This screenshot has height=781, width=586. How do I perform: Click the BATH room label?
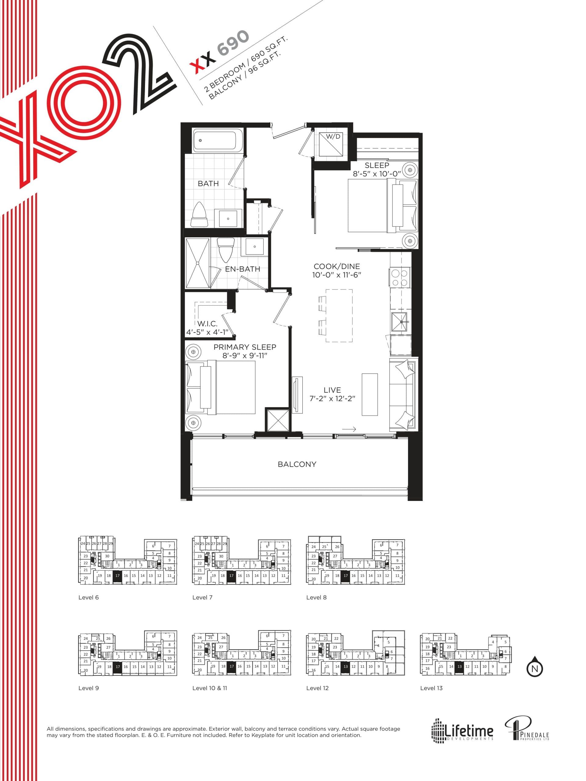[208, 184]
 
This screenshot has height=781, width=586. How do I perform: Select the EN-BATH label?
[242, 269]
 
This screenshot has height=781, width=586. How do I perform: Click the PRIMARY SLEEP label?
[245, 347]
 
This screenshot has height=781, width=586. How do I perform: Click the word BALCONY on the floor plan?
[297, 464]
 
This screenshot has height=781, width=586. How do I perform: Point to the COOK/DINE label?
[337, 267]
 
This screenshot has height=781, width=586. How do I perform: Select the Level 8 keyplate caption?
[316, 597]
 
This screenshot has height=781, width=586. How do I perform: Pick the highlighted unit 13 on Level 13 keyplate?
[459, 667]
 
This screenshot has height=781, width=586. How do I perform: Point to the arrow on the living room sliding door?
[349, 429]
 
